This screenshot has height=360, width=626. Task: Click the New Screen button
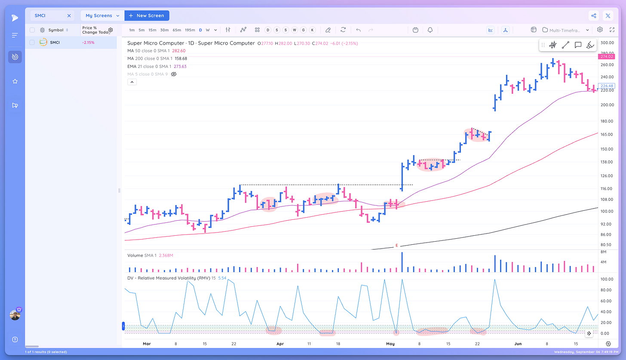tap(147, 15)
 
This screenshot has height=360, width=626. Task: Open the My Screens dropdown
tap(102, 15)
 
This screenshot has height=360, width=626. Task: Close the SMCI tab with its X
tap(69, 15)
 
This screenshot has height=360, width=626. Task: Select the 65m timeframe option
tap(177, 30)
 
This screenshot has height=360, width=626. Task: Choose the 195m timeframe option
tap(190, 30)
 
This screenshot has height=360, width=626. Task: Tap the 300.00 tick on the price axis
tap(607, 43)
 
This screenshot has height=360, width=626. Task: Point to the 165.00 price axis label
tap(607, 135)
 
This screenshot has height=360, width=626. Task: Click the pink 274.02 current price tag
tap(607, 56)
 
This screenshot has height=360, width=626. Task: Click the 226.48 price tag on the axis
tap(607, 86)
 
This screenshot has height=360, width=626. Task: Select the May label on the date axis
tap(390, 344)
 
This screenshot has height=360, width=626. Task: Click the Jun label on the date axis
tap(518, 344)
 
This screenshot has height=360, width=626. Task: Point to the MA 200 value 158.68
tap(181, 58)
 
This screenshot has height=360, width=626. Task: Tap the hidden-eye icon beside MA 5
tap(174, 74)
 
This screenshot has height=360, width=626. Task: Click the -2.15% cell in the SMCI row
tap(88, 43)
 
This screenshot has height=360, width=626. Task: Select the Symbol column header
tap(56, 30)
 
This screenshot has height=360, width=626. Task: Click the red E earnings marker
tap(396, 246)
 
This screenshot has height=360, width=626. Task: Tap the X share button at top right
tap(608, 16)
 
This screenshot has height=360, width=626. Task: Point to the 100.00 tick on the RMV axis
tap(607, 279)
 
